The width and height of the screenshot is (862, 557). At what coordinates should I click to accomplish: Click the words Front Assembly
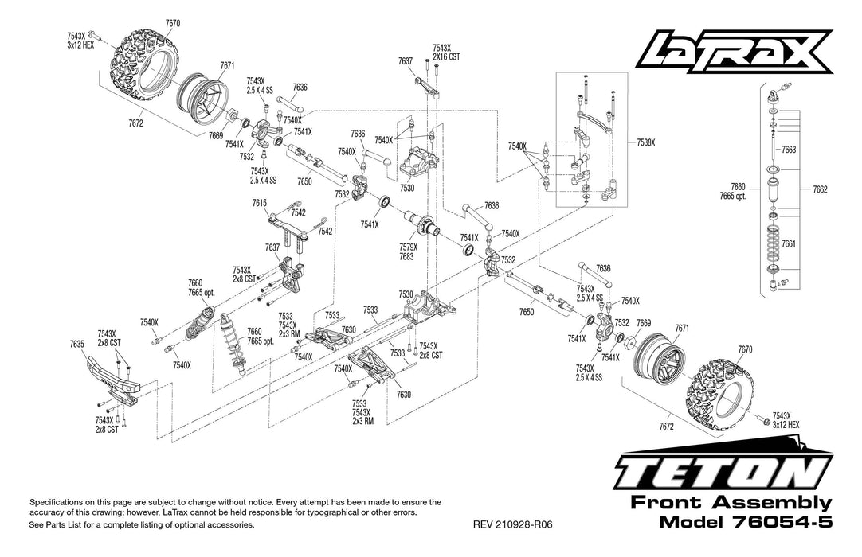click(731, 504)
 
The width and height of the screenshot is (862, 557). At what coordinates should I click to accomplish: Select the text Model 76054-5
click(746, 523)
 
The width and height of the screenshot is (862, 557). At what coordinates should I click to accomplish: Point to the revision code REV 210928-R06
click(512, 525)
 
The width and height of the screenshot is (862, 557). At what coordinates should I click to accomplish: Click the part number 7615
click(260, 203)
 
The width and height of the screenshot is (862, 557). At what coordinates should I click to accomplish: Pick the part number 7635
click(76, 345)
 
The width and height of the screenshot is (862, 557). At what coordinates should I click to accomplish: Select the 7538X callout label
click(646, 142)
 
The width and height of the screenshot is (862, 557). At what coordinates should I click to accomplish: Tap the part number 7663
click(789, 149)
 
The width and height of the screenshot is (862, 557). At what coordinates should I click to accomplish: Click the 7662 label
click(821, 189)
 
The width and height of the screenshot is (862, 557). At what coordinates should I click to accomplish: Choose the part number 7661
click(789, 243)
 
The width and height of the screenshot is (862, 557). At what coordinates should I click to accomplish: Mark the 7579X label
click(407, 248)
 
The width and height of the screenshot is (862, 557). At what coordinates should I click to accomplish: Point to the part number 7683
click(407, 257)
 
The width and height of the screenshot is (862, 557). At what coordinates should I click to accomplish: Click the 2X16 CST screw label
click(446, 58)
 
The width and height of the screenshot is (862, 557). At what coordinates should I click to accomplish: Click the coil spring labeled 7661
click(773, 243)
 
